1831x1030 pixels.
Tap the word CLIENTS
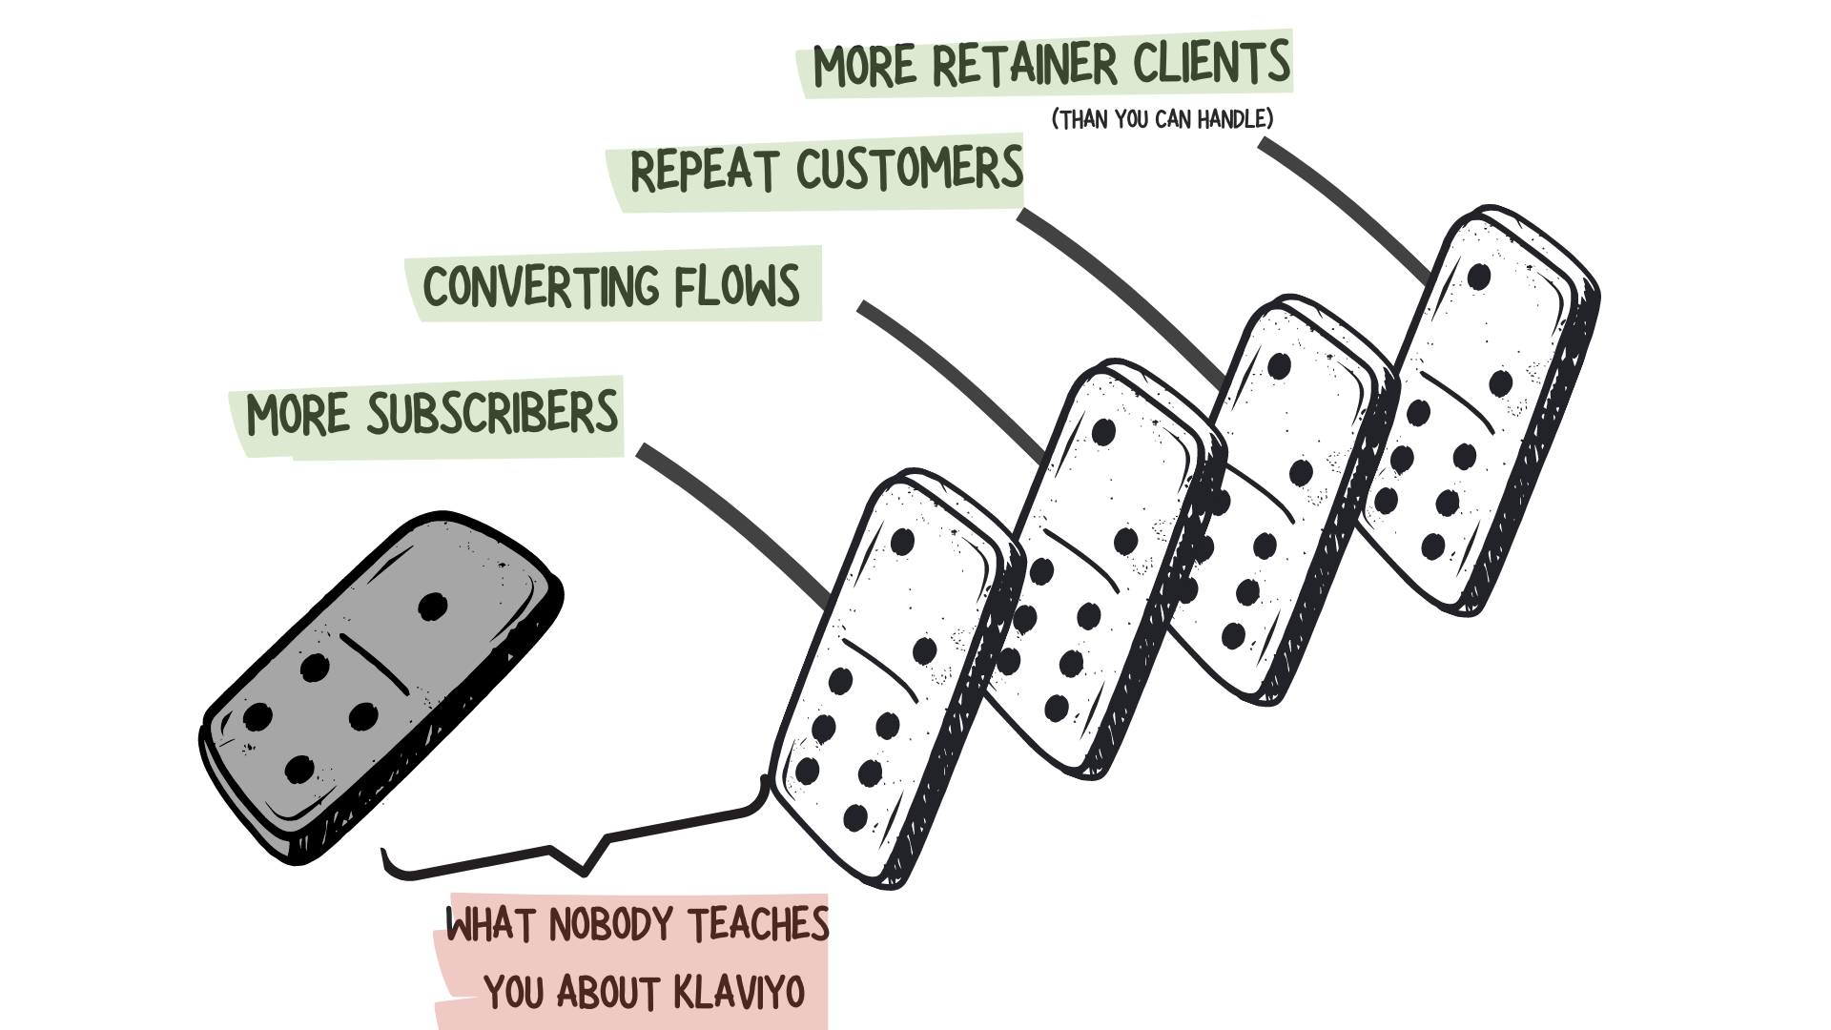[1211, 63]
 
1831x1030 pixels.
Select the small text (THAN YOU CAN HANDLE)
[1162, 119]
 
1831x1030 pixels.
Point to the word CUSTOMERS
[909, 169]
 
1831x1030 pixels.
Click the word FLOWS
[737, 284]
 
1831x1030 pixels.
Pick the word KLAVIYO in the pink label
[738, 993]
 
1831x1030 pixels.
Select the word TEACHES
[758, 924]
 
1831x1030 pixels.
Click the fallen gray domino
[381, 687]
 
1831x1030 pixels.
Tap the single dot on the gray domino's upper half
[432, 606]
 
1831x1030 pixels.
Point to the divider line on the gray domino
[374, 663]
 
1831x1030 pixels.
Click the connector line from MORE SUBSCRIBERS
[734, 520]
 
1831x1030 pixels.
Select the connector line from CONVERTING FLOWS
[954, 377]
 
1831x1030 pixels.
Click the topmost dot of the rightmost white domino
[1479, 277]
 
